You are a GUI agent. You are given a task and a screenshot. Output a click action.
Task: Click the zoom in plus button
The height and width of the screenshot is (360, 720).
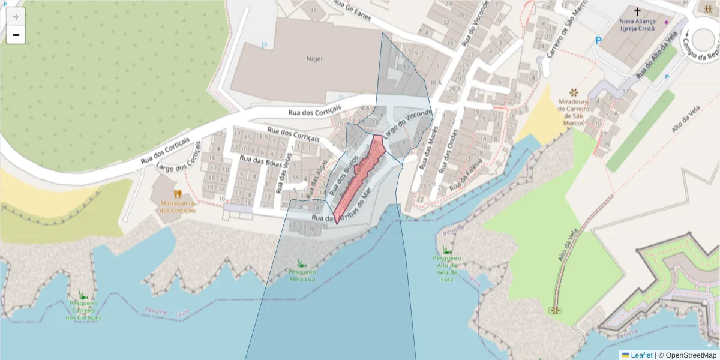click(16, 17)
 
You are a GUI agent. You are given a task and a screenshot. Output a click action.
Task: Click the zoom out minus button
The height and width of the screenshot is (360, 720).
click(16, 35)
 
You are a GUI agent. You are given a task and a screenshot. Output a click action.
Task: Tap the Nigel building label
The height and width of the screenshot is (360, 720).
click(314, 59)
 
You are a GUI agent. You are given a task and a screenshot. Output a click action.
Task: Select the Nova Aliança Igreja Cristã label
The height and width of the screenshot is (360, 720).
click(637, 24)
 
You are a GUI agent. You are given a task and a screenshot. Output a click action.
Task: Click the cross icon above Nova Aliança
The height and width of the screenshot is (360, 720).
click(637, 11)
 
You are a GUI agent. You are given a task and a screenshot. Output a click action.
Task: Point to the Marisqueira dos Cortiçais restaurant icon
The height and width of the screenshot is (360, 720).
click(178, 194)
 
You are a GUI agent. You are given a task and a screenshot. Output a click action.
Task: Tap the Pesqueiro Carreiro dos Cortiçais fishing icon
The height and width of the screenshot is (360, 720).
click(83, 295)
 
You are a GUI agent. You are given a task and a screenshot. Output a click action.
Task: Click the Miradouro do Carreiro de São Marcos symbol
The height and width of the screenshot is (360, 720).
click(574, 92)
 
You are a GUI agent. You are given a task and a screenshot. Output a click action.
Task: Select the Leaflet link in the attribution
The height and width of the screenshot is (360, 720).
click(641, 355)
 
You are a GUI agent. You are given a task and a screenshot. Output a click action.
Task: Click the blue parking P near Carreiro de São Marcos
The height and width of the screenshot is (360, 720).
click(598, 40)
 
